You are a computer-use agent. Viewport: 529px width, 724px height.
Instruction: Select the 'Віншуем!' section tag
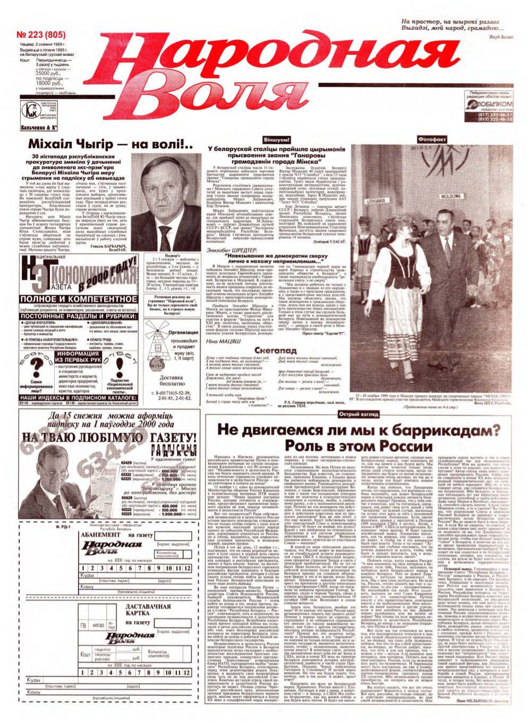pos(276,139)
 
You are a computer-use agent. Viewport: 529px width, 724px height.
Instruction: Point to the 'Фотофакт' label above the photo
pos(432,139)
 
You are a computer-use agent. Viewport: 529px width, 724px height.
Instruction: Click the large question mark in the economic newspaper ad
pos(36,366)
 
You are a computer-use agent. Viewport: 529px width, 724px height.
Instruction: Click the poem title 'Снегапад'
pos(275,351)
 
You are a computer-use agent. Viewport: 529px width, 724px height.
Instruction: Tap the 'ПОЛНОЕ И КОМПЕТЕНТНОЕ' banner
pos(75,299)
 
